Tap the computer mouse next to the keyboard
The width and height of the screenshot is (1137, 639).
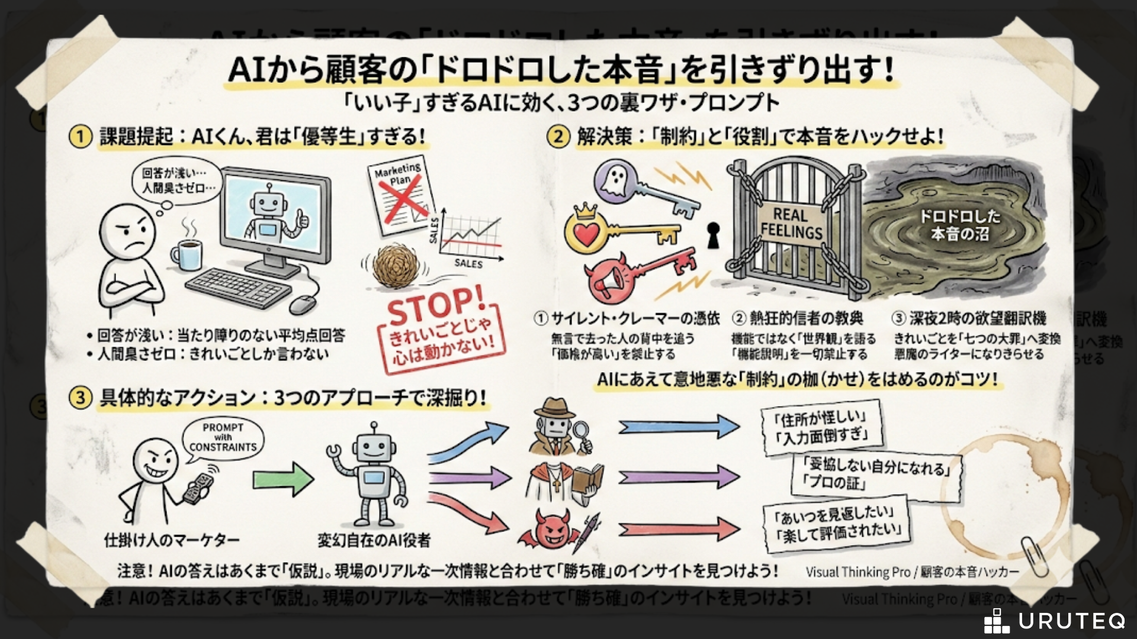pyautogui.click(x=302, y=304)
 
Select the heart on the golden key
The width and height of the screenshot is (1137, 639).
pyautogui.click(x=586, y=234)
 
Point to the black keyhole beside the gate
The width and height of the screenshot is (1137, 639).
pyautogui.click(x=713, y=234)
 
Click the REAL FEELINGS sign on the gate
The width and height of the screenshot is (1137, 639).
pyautogui.click(x=791, y=224)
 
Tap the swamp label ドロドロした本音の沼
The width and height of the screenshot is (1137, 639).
pyautogui.click(x=959, y=225)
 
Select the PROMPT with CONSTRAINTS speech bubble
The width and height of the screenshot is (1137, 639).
pyautogui.click(x=223, y=438)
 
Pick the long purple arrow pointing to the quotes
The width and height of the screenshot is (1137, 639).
pyautogui.click(x=678, y=476)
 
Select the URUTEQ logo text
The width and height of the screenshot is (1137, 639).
pyautogui.click(x=1071, y=621)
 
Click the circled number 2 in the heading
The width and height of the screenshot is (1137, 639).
pyautogui.click(x=558, y=137)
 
